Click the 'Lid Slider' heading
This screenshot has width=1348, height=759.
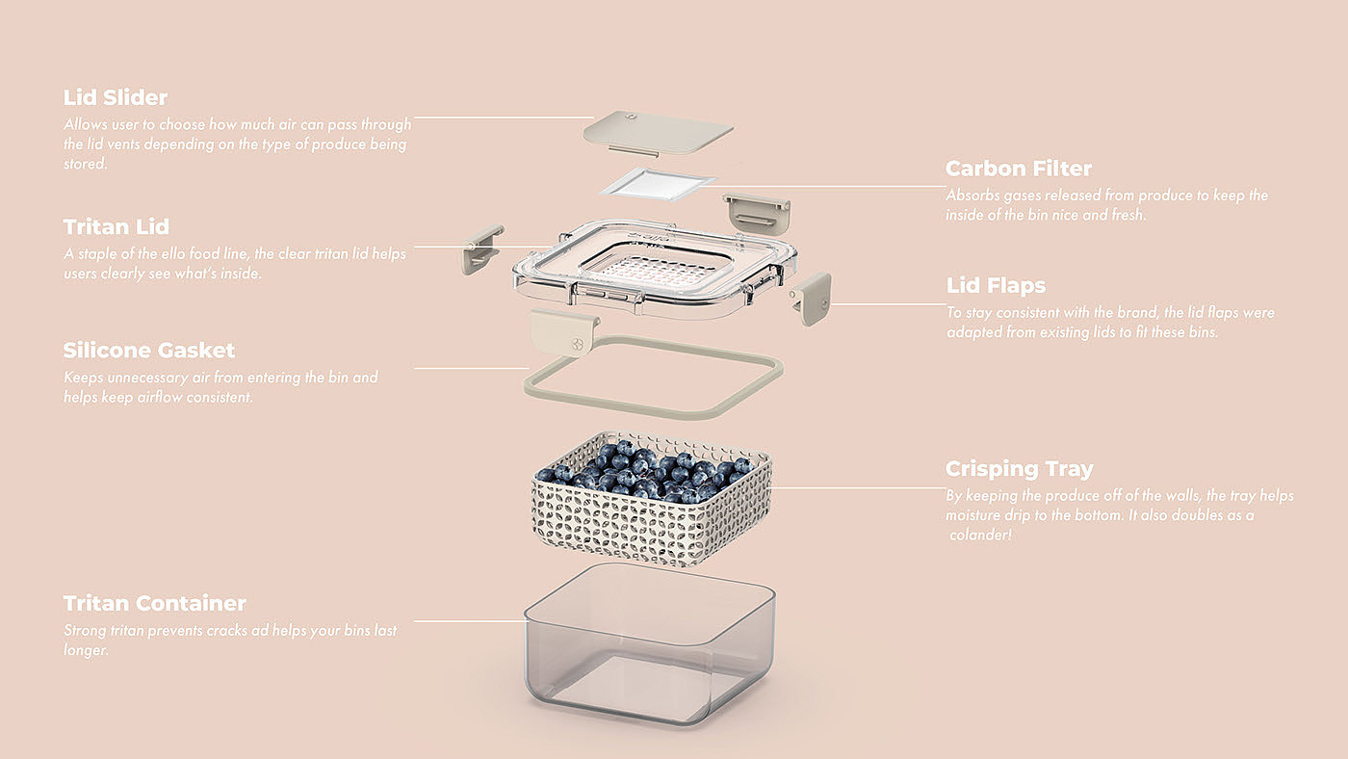116,97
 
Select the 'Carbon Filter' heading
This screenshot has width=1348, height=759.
1019,169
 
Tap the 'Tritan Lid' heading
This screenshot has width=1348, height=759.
117,227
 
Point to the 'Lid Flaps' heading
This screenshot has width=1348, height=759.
996,285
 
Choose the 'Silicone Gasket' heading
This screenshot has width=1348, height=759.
149,351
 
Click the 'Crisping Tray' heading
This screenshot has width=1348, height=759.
1020,469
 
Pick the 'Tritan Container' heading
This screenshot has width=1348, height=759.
155,604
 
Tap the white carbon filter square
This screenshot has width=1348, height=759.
658,183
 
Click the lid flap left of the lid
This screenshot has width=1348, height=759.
480,249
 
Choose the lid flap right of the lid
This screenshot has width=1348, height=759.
813,298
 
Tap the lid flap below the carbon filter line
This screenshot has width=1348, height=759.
757,212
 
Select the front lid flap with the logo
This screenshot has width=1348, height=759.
565,331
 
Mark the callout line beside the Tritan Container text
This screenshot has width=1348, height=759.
469,620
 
